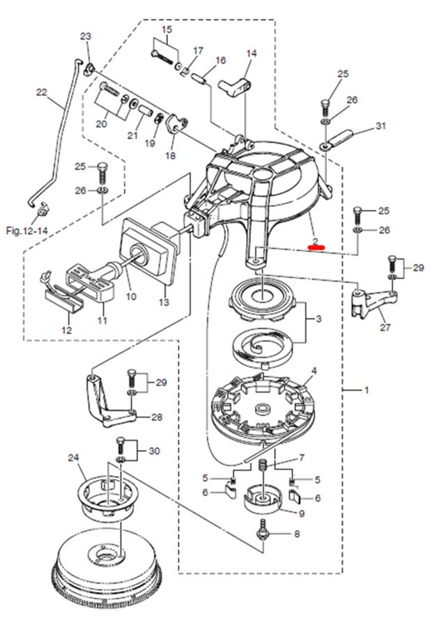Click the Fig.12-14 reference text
tap(26, 231)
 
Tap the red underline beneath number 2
tap(316, 247)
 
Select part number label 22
tap(42, 93)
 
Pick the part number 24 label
tap(74, 458)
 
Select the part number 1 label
tap(367, 389)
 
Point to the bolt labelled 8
tap(263, 530)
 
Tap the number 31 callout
tap(381, 126)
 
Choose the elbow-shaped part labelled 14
tap(235, 88)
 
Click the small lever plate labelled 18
tap(176, 123)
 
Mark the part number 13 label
tap(164, 302)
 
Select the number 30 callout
tap(154, 451)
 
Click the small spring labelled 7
tap(263, 465)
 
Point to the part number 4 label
tap(314, 371)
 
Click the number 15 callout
tap(167, 29)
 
